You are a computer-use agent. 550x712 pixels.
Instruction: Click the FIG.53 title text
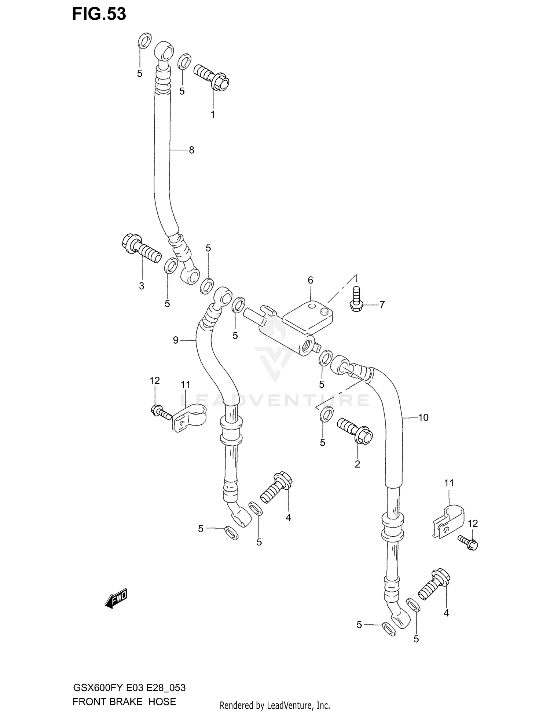coord(99,14)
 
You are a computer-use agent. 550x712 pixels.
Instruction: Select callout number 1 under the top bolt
coord(213,115)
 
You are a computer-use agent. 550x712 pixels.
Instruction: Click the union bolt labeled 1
coord(211,76)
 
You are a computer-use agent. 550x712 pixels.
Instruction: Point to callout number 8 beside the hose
coord(191,150)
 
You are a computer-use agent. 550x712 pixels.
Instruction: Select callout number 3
coord(142,286)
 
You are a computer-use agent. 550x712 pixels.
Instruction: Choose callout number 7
coord(382,305)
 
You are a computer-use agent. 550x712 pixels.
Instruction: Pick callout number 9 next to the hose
coord(176,340)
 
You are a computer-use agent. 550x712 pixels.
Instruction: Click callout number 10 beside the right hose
coord(423,417)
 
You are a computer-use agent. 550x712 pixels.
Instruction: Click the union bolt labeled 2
coord(355,431)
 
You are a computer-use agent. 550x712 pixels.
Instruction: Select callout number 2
coord(357,464)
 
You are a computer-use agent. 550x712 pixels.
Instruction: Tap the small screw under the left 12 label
coord(161,411)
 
